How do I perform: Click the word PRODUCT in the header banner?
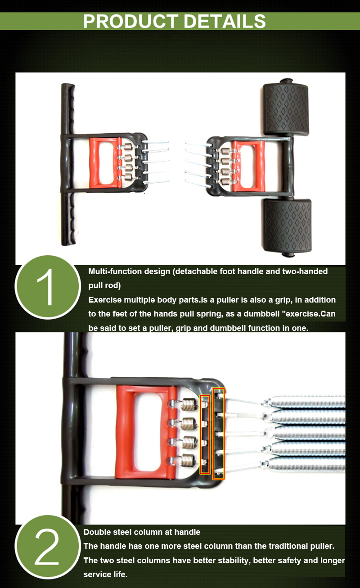[x=130, y=21]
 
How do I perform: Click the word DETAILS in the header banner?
[x=225, y=21]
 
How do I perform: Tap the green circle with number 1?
[x=48, y=287]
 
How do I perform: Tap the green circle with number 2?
[x=48, y=547]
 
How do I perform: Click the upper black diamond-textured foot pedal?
[x=286, y=109]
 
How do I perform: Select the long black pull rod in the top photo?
[x=68, y=164]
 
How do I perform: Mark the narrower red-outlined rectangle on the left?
[x=205, y=434]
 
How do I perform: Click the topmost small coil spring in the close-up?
[x=189, y=404]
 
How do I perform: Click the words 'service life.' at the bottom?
[x=105, y=574]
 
